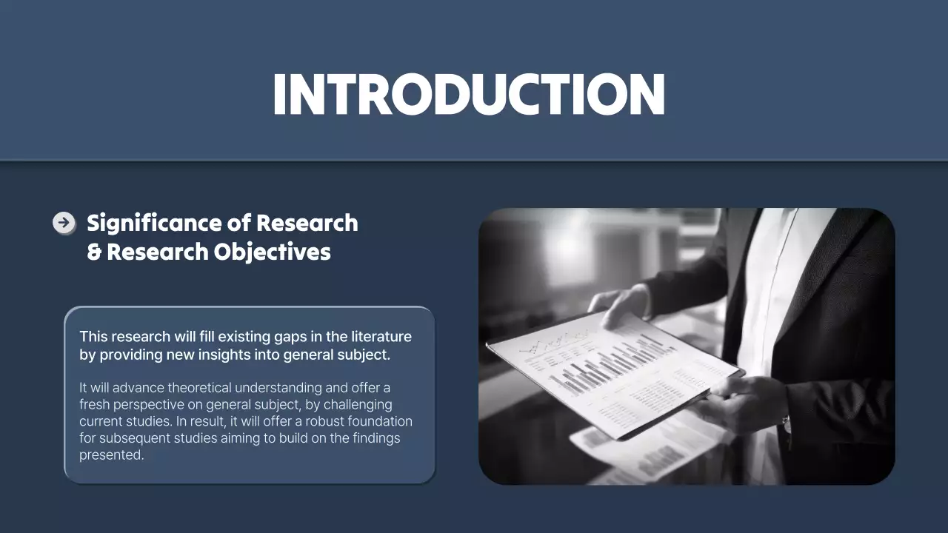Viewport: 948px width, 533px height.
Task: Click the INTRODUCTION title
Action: (x=468, y=95)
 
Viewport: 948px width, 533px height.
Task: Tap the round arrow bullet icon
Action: (x=64, y=222)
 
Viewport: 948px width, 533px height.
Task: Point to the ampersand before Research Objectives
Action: (x=94, y=252)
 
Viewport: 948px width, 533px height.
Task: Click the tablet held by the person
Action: (x=615, y=370)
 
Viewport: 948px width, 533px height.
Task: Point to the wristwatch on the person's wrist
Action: (x=786, y=424)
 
